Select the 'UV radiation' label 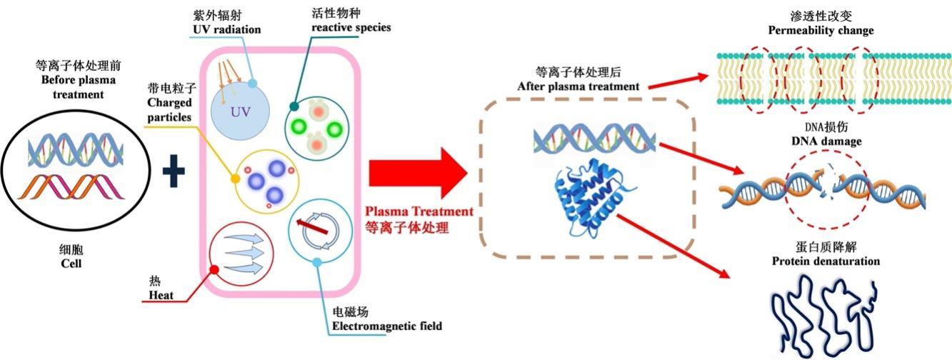pos(227,30)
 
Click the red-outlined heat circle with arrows pos(240,255)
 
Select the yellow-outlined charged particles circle pos(265,181)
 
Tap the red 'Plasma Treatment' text pos(419,211)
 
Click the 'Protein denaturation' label pos(826,261)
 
